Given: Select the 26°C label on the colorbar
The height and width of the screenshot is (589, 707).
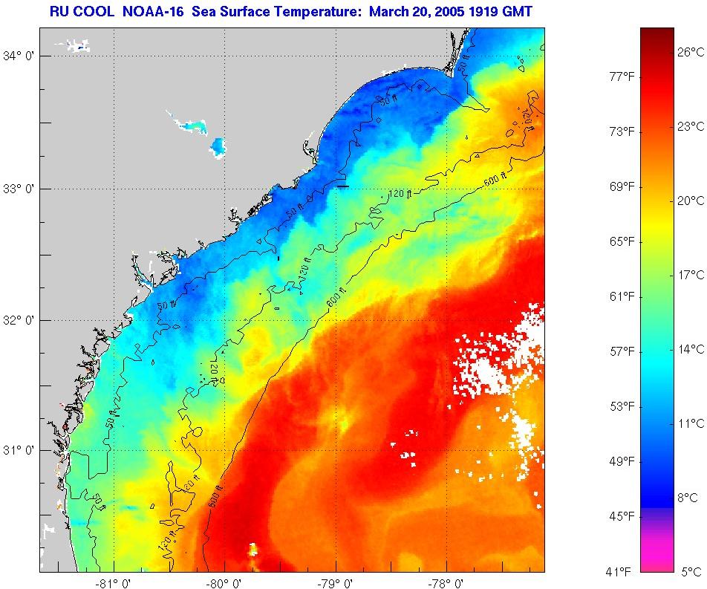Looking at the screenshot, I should pyautogui.click(x=690, y=51).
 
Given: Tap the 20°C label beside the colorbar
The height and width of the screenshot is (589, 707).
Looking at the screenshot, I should pyautogui.click(x=690, y=200).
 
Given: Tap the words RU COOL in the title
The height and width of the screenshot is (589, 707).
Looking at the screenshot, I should pyautogui.click(x=76, y=13).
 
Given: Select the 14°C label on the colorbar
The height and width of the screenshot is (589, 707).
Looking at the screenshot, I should pyautogui.click(x=690, y=348).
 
